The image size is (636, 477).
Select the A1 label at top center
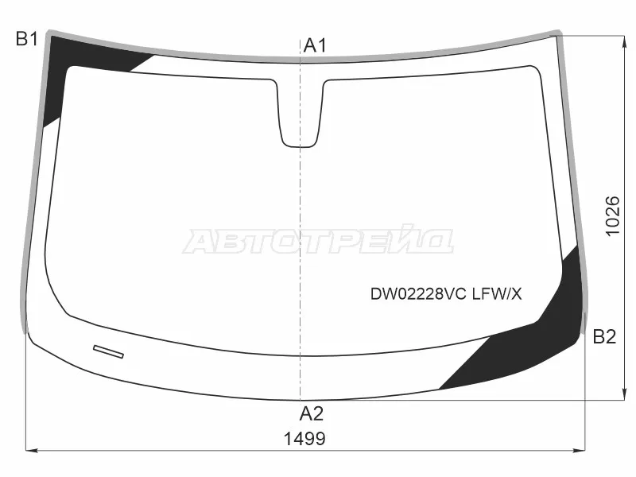[x=315, y=46]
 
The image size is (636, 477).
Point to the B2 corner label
[x=604, y=337]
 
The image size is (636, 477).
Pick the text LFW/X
[x=497, y=294]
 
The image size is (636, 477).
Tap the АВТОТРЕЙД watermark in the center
[x=318, y=242]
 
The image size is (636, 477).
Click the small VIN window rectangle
[x=109, y=350]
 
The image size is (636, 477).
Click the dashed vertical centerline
[x=301, y=238]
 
